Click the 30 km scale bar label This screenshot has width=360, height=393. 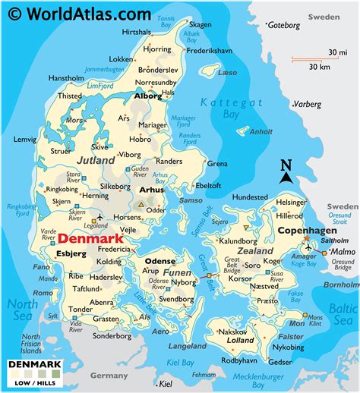coord(320,67)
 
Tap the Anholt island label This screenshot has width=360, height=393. coord(261,131)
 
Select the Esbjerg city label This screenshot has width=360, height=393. coord(72,254)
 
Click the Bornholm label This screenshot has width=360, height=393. coord(342,285)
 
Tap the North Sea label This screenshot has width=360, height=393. coord(22,310)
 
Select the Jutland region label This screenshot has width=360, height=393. coord(95,160)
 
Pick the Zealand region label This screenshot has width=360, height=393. coord(255,250)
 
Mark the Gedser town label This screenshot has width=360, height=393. coord(279,362)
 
